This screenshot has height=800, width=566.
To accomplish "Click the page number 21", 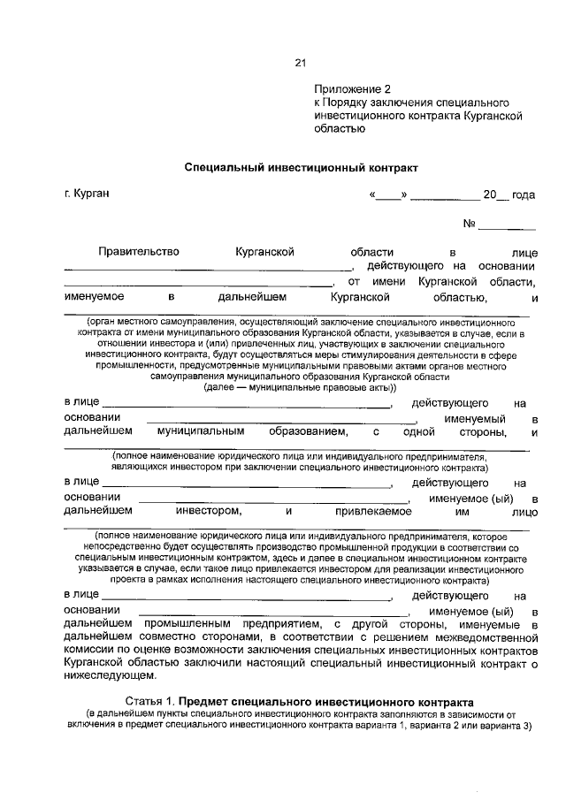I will (299, 63).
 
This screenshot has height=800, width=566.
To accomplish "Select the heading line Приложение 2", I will (352, 89).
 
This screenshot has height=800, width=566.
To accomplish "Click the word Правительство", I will (139, 252).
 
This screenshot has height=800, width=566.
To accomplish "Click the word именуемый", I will (474, 418).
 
